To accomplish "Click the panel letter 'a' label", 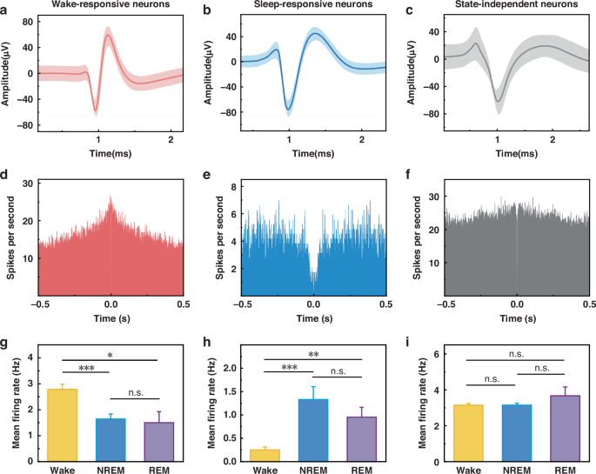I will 5,10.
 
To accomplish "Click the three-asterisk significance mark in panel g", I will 85,369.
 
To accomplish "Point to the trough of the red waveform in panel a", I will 95,112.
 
